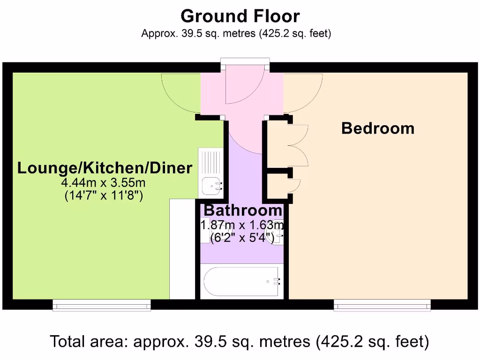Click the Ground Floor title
coord(240,16)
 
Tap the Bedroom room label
coord(378,128)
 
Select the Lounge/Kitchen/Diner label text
coord(105,168)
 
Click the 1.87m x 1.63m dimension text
coord(242,225)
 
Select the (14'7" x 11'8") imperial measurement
coord(104,195)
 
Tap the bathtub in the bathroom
coord(241,281)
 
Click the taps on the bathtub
coord(275,281)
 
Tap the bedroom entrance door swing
coord(303,92)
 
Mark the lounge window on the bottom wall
coord(102,305)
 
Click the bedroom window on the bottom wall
coord(382,305)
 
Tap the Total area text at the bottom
coord(240,341)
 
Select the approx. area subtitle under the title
coord(236,34)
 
